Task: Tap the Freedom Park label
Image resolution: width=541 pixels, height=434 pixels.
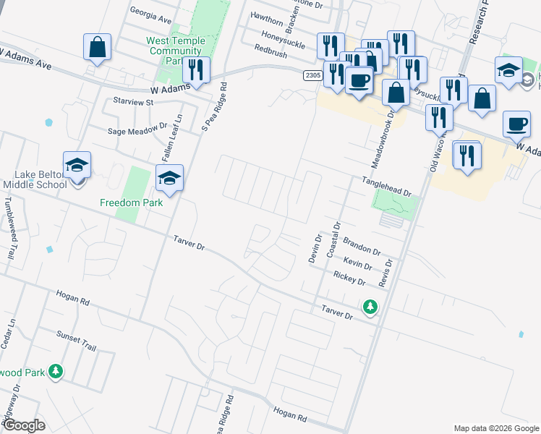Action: [131, 203]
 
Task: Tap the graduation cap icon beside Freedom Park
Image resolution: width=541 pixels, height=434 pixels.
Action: [169, 179]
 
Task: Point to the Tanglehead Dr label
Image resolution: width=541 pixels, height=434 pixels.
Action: [386, 189]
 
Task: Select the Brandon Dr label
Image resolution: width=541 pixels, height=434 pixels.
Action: [362, 245]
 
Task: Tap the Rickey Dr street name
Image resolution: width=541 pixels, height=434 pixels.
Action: [352, 277]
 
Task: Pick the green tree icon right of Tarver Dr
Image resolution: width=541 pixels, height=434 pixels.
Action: [370, 307]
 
